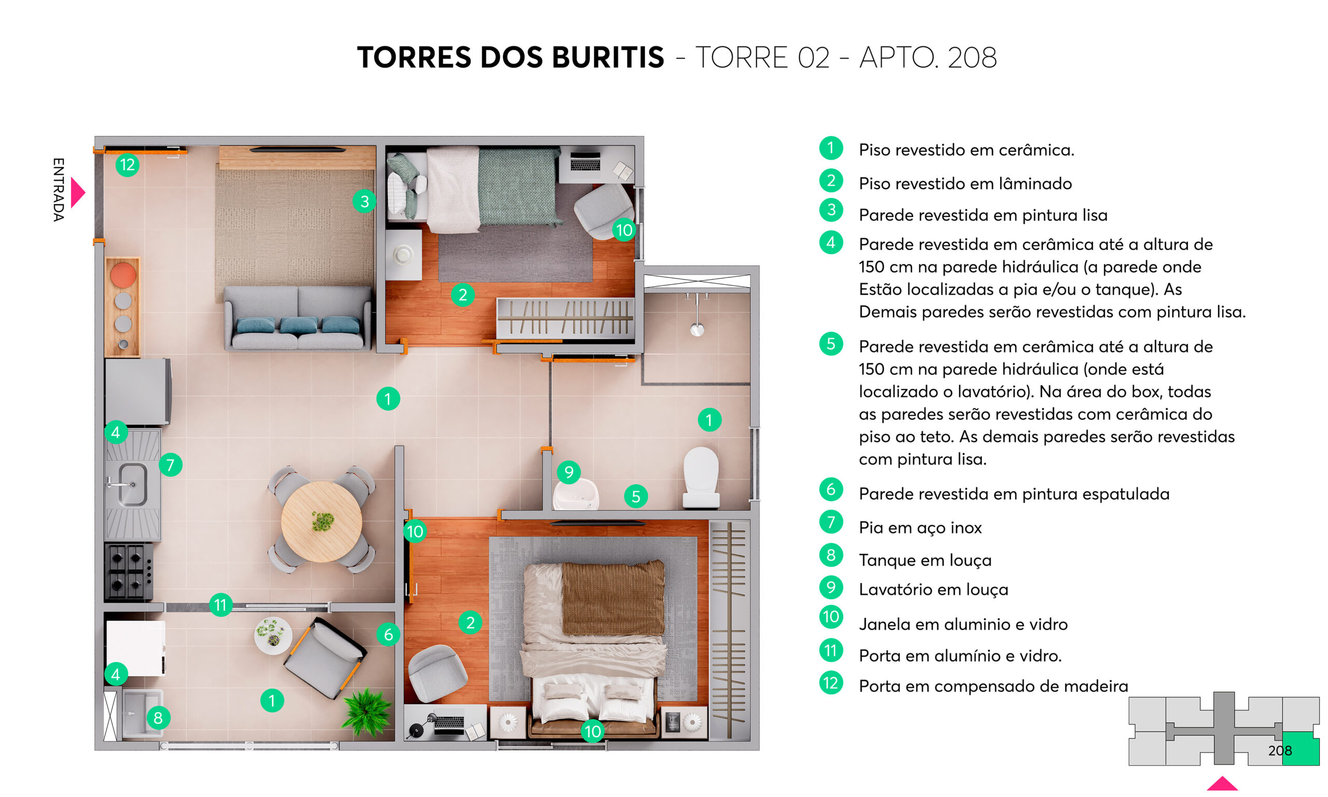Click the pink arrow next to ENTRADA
point(78,193)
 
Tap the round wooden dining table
point(321,521)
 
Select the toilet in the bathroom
point(701,477)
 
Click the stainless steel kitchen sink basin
point(132,485)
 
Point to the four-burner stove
point(128,571)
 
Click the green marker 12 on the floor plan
point(127,164)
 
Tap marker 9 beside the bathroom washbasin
point(569,472)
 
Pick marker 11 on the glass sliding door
point(220,604)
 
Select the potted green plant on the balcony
point(367,712)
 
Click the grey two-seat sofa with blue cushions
point(298,319)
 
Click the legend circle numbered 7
point(831,521)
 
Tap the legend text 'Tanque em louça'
point(925,560)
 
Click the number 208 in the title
point(972,58)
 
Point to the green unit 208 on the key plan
point(1301,749)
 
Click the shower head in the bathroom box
point(697,328)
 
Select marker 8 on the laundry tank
point(158,718)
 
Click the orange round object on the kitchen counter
point(123,274)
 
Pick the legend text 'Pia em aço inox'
point(920,527)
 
